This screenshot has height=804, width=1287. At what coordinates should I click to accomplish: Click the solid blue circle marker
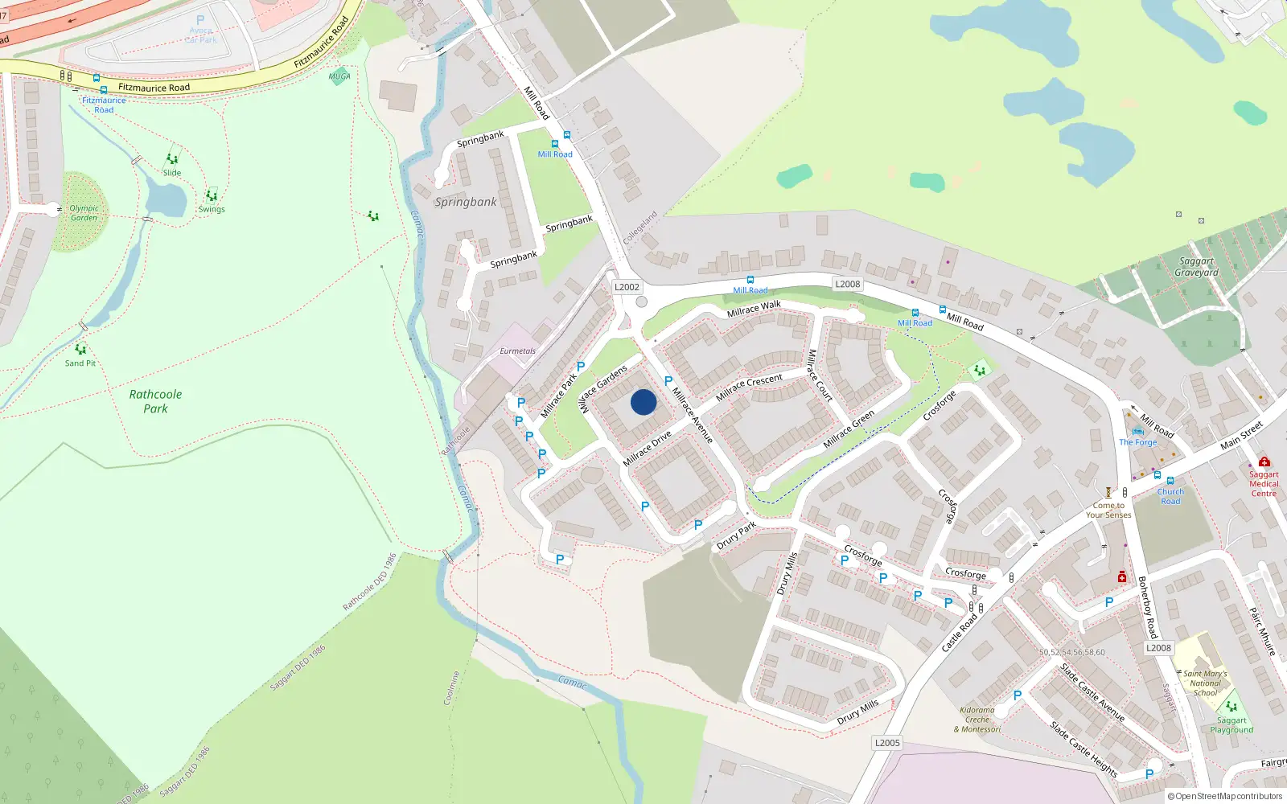pos(643,402)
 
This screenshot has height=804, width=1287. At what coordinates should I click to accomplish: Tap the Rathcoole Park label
pos(155,401)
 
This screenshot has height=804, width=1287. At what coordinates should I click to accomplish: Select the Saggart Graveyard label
pos(1196,267)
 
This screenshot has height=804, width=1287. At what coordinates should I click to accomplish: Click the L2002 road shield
pos(627,287)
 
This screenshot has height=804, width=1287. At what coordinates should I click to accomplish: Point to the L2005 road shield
pos(887,743)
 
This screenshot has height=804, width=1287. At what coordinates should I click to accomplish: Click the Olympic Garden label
pos(84,213)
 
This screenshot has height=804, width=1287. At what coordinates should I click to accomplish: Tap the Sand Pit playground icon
pos(80,350)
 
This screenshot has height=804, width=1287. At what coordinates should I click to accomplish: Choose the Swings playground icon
pos(212,195)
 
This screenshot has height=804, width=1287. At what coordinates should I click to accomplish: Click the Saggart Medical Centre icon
pos(1264,461)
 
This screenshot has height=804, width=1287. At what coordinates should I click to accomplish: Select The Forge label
pos(1137,442)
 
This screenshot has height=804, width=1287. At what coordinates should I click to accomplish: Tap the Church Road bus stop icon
pos(1170,481)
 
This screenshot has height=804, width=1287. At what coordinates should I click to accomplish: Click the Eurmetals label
pos(517,351)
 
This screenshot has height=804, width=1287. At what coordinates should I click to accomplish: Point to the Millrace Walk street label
pos(754,309)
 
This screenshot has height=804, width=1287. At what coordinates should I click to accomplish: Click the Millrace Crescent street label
pos(749,387)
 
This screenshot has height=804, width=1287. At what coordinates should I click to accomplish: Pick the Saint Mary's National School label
pos(1205,683)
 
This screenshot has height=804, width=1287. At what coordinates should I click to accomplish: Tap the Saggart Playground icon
pos(1231,707)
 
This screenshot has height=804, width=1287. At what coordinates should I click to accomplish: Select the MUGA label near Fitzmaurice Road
pos(339,76)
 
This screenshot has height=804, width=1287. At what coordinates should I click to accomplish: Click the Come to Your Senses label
pos(1108,511)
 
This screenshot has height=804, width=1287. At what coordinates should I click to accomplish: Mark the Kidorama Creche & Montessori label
pos(977,720)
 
